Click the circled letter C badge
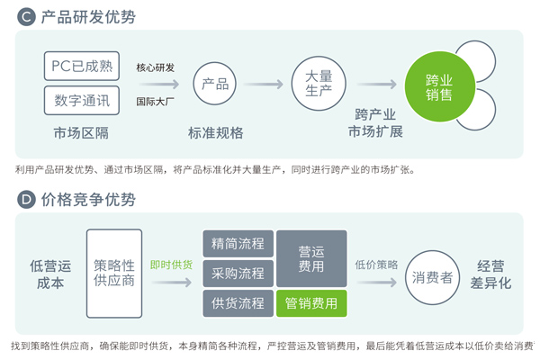(26, 16)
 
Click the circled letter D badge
(26, 200)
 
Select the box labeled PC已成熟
(82, 66)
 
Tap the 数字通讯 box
(82, 100)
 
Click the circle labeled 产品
(215, 84)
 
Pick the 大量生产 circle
(319, 84)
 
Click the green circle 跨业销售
(439, 86)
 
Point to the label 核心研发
(156, 67)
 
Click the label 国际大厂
(156, 102)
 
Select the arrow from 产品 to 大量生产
(264, 84)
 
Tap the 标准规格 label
(216, 133)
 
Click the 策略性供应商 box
(114, 274)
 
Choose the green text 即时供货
(171, 265)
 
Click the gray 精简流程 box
(238, 244)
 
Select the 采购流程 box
(238, 274)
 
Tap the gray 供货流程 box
(238, 303)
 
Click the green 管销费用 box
(311, 303)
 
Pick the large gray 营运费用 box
(311, 258)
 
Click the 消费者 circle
(433, 277)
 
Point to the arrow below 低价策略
(377, 283)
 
